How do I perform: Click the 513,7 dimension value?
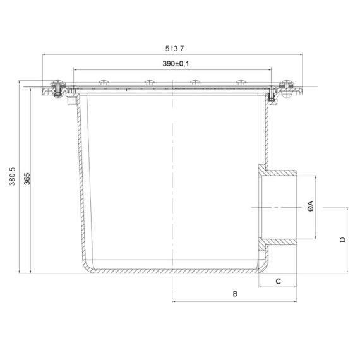click(x=174, y=49)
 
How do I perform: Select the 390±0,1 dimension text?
click(x=176, y=64)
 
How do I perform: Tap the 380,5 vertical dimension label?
click(x=12, y=176)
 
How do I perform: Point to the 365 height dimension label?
click(x=27, y=179)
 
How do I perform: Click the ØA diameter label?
click(x=310, y=206)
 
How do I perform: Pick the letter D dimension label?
click(x=342, y=239)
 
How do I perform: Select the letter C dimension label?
click(x=278, y=281)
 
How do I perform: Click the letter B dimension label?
click(x=235, y=294)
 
